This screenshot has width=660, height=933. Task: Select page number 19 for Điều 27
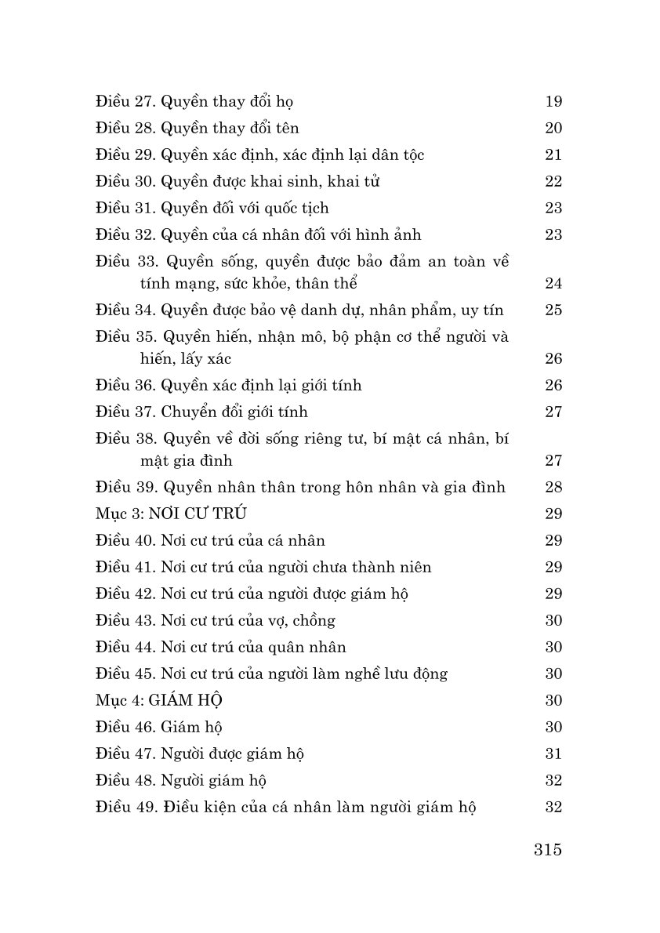(553, 101)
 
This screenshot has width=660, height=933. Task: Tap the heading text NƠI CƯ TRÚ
(198, 514)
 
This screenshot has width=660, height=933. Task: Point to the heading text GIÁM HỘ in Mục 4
(190, 700)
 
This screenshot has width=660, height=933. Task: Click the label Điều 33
(125, 261)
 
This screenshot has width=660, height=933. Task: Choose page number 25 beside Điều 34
(553, 310)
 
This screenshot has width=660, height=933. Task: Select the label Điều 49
(125, 807)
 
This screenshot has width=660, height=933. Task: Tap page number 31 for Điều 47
(553, 753)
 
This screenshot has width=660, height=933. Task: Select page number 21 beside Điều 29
(553, 154)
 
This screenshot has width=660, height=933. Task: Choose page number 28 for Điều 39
(553, 487)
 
